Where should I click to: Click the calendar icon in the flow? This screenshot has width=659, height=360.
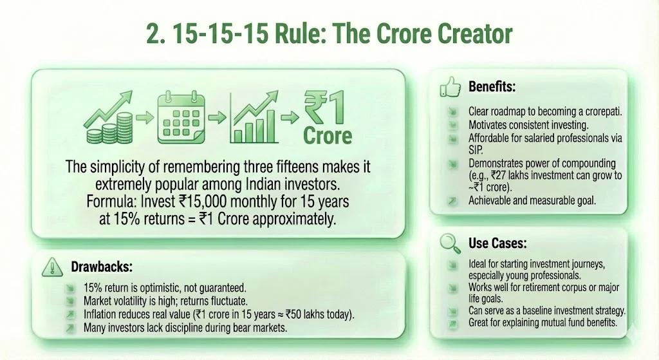point(181,117)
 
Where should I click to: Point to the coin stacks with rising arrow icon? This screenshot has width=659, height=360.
point(107,118)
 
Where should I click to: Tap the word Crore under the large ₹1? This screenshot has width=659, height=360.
point(328,136)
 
